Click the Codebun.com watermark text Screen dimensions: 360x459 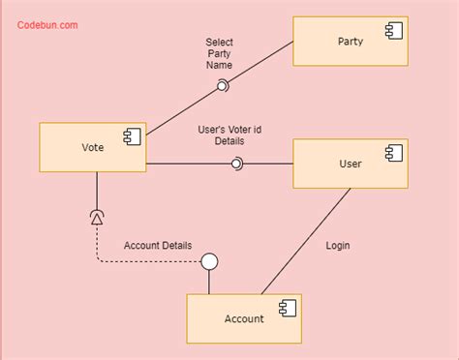pyautogui.click(x=47, y=25)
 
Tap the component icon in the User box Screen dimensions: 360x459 pyautogui.click(x=392, y=154)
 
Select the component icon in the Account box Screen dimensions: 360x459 pyautogui.click(x=287, y=309)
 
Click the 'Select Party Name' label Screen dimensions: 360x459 pyautogui.click(x=219, y=53)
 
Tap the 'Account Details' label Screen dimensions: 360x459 pyautogui.click(x=158, y=246)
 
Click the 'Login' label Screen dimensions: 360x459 pyautogui.click(x=337, y=246)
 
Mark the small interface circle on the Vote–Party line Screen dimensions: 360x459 pyautogui.click(x=222, y=86)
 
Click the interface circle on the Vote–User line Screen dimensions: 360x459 pyautogui.click(x=235, y=164)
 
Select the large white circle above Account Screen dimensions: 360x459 pyautogui.click(x=208, y=261)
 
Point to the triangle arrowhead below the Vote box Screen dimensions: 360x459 pyautogui.click(x=97, y=220)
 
